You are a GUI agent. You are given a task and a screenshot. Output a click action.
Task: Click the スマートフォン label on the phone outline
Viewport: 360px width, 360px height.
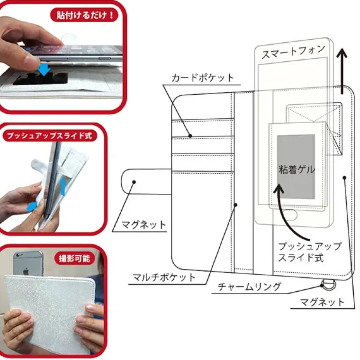(293, 52)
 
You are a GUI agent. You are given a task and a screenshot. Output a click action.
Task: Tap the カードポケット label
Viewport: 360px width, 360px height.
(203, 78)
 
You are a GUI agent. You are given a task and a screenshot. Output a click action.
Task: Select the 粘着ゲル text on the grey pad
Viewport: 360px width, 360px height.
(297, 170)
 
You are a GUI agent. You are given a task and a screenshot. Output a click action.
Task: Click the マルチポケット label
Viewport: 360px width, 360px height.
(164, 277)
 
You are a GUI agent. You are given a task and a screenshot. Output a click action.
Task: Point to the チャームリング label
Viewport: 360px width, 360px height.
(249, 286)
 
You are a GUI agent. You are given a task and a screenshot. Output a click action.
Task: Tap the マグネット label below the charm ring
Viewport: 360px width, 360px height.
(323, 302)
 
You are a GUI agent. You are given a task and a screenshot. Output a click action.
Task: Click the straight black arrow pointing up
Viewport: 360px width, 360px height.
(342, 71)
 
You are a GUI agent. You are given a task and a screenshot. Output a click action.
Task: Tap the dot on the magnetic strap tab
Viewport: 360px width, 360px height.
(134, 182)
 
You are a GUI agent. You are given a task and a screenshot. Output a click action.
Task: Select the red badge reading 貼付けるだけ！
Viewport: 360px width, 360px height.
(84, 15)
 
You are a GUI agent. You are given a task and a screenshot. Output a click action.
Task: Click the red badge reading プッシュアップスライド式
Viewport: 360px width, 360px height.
(50, 135)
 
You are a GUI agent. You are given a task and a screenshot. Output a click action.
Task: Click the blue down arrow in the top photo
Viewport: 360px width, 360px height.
(44, 69)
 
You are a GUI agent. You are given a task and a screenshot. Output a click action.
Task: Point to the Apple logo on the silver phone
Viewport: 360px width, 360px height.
(26, 271)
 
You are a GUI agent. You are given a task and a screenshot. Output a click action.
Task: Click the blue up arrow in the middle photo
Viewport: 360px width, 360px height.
(63, 187)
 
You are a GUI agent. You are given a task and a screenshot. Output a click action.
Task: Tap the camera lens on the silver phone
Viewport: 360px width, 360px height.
(18, 255)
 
